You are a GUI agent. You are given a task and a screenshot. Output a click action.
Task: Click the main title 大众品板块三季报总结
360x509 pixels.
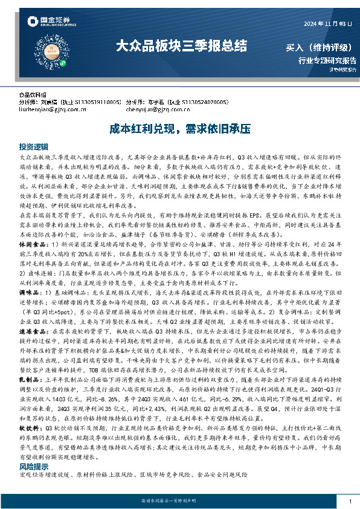point(181,45)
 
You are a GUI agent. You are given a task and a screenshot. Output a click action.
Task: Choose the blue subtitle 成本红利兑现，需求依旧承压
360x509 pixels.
point(180,129)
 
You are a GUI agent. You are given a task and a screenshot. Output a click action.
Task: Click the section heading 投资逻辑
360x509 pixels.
point(33,147)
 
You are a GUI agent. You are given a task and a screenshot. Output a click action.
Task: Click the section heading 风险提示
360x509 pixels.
point(33,467)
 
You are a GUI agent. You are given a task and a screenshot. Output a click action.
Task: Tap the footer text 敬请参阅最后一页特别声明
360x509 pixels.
point(180,501)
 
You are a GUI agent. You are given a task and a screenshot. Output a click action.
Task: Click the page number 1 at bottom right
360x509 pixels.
point(350,501)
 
